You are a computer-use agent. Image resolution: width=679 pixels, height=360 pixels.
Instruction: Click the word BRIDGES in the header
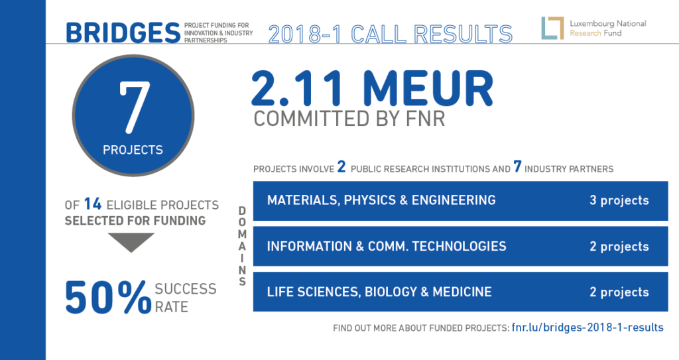coord(123,33)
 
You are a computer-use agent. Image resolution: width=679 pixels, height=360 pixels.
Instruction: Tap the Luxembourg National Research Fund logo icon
coord(552,28)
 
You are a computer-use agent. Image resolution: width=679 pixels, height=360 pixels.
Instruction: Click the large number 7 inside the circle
coord(134,107)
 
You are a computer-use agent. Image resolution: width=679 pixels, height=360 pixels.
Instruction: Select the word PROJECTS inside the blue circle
coord(133,150)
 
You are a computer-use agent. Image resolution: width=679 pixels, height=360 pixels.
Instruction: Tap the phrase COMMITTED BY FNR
coord(349,119)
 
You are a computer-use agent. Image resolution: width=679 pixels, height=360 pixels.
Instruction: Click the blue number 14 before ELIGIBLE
coord(93,204)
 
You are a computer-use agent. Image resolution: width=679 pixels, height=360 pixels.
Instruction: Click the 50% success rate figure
coord(108,297)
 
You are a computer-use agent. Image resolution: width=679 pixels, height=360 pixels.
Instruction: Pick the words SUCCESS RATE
coord(186,298)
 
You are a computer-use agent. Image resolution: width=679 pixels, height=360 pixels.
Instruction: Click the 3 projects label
coord(619,201)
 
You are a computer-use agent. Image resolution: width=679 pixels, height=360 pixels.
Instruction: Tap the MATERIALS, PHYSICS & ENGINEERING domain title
coord(381,200)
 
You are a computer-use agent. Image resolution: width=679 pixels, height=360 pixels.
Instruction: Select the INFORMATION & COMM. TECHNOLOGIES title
coord(387,246)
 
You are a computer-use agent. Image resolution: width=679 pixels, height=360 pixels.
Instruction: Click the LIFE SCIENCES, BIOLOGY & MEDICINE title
coord(379,292)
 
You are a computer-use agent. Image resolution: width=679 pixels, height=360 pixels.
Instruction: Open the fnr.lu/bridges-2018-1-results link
coord(587,328)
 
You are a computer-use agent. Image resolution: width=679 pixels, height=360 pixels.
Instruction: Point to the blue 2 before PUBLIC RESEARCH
coord(341,166)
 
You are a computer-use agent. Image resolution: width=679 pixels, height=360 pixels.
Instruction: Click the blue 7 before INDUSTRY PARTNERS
coord(517,166)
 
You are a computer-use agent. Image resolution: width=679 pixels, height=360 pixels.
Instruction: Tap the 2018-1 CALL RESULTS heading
coord(391,34)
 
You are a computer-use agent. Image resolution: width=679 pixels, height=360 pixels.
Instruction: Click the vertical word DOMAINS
coord(242,246)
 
